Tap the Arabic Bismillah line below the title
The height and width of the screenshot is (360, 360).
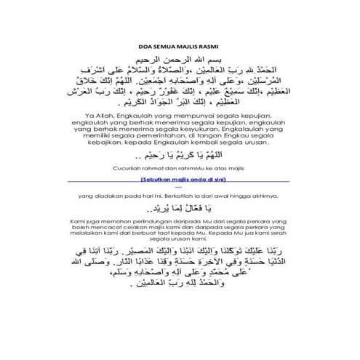tap(180, 55)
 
